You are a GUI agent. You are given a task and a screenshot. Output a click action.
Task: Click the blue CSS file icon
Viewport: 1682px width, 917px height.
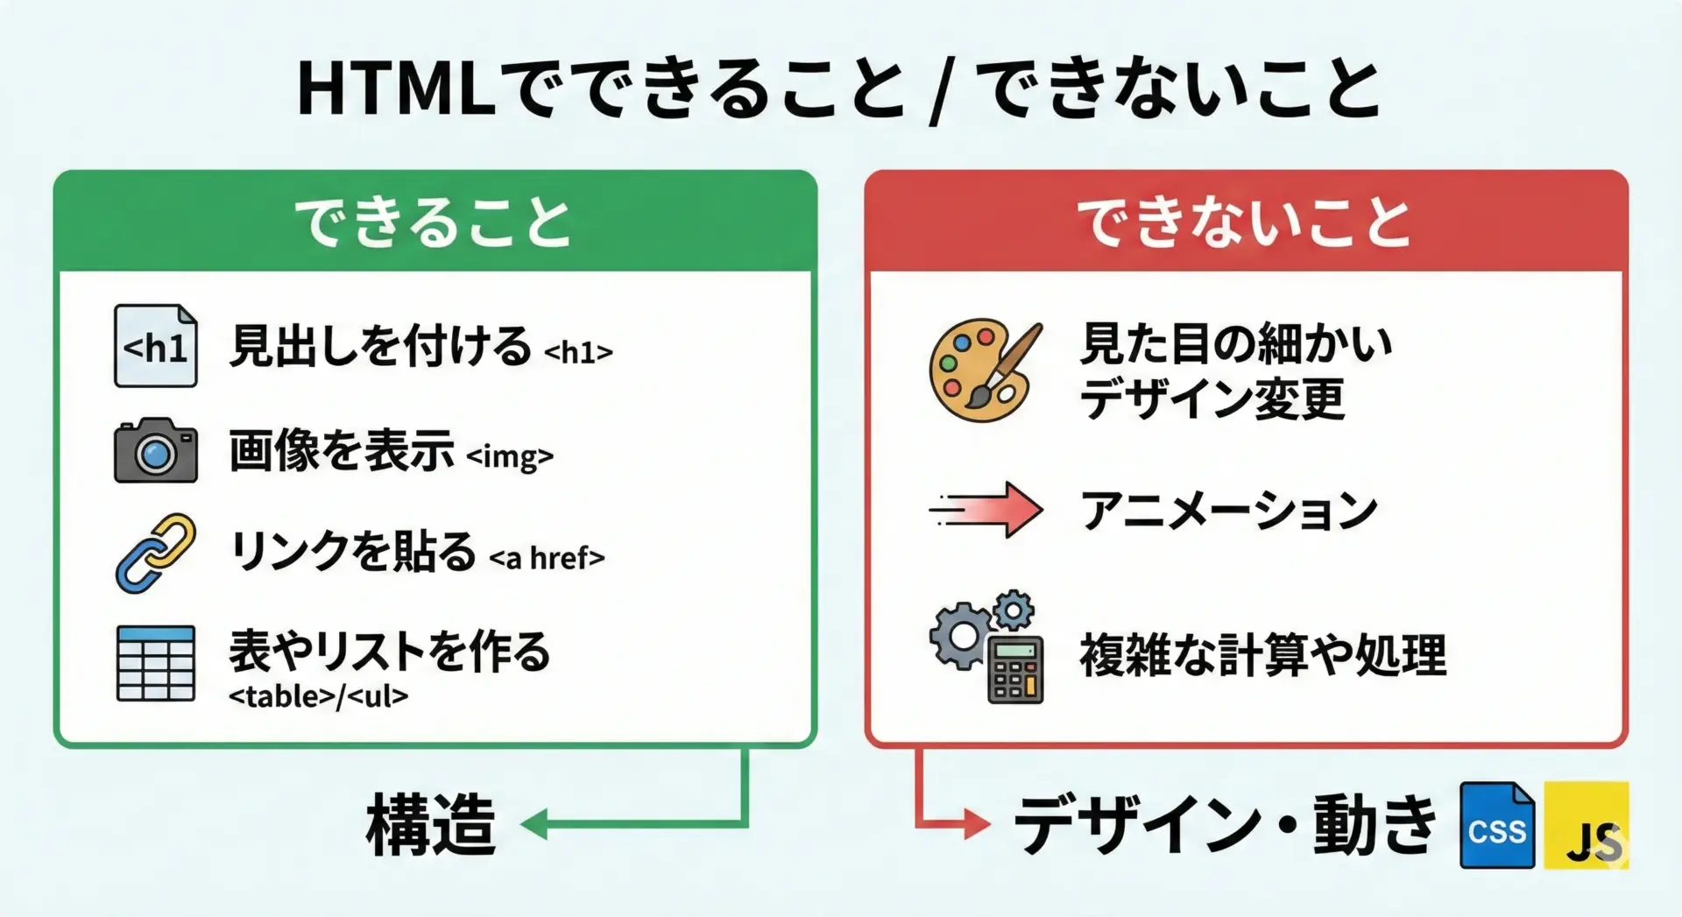tap(1496, 825)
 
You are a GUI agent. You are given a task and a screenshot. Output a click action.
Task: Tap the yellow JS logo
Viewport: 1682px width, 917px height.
tap(1586, 825)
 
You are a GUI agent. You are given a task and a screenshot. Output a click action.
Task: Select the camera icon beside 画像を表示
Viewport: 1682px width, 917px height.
tap(155, 450)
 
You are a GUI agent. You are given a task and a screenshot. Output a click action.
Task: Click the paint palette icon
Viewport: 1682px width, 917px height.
tap(985, 370)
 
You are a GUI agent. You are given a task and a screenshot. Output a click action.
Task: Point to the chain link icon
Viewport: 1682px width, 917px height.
tap(155, 553)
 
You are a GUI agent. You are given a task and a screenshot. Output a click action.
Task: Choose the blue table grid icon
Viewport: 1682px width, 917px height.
tap(155, 663)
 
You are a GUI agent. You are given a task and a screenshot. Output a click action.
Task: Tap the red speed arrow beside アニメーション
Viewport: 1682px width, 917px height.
tap(987, 509)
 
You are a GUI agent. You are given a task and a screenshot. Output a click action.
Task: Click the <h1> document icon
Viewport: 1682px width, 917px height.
tap(155, 346)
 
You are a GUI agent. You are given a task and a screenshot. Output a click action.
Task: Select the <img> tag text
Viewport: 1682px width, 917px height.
tap(509, 456)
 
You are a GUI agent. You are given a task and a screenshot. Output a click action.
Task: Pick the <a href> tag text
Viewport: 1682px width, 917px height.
tap(547, 558)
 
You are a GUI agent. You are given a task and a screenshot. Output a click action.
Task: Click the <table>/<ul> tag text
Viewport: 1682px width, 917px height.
tap(318, 696)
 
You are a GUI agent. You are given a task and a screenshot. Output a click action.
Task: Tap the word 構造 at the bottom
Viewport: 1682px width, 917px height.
tap(430, 824)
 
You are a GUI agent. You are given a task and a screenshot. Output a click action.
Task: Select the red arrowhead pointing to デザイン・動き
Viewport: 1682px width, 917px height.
tap(976, 823)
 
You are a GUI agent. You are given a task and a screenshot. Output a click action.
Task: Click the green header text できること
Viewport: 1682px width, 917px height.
tap(433, 222)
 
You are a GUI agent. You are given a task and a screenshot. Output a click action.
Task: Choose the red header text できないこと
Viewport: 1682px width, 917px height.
tap(1244, 222)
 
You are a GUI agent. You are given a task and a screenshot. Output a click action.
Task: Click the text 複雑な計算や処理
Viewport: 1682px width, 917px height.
tap(1262, 655)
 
